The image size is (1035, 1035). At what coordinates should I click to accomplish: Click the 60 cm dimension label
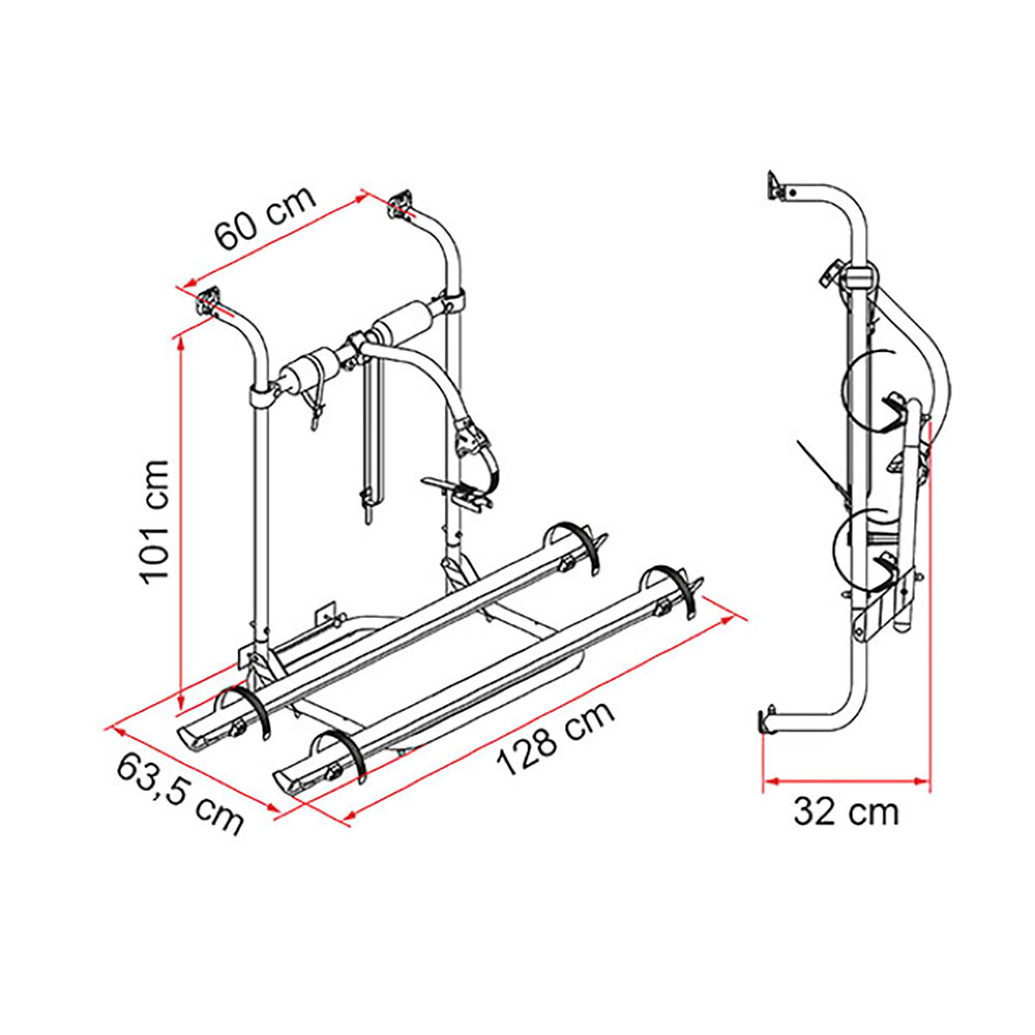[266, 219]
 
